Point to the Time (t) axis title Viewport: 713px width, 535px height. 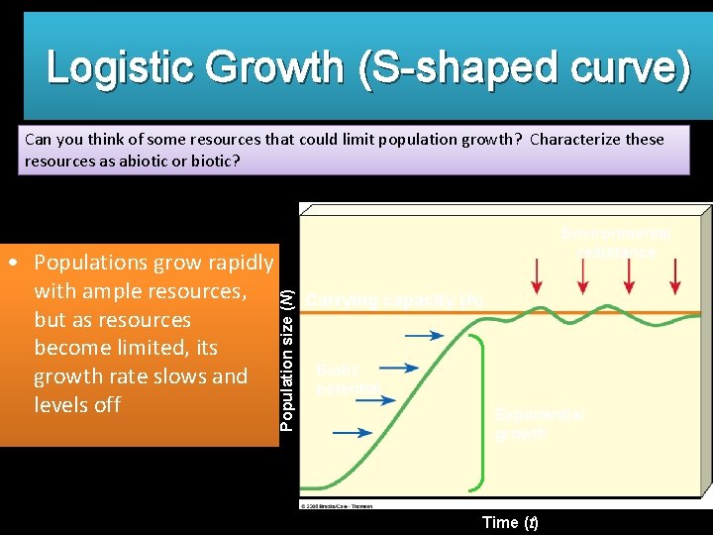(x=509, y=522)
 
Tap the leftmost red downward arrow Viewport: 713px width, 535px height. (x=536, y=274)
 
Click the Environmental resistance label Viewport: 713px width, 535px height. (x=616, y=243)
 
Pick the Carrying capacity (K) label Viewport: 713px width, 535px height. (x=394, y=299)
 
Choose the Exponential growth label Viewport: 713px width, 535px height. (x=540, y=424)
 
